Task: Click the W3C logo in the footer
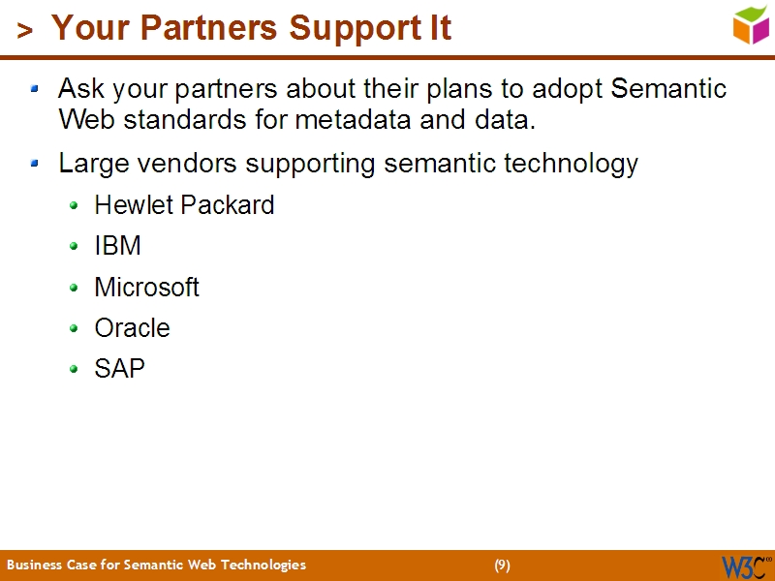[x=745, y=566]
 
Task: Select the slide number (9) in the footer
[x=502, y=566]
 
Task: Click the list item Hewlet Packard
[x=184, y=205]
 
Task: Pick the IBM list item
[x=117, y=246]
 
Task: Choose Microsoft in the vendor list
[x=146, y=288]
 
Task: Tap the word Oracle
[x=132, y=328]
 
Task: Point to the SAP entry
[x=119, y=369]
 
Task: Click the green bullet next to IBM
[x=75, y=247]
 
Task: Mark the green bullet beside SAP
[x=75, y=370]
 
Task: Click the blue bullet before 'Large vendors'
[x=35, y=164]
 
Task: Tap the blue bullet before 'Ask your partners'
[x=35, y=90]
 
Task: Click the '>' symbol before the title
[x=25, y=31]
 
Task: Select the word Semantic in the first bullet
[x=668, y=89]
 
